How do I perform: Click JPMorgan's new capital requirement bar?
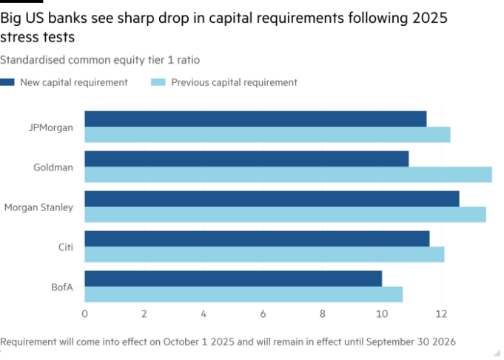pos(255,119)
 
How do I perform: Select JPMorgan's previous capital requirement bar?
pos(267,135)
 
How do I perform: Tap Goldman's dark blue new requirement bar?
pos(246,159)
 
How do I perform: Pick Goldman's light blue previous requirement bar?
pos(288,175)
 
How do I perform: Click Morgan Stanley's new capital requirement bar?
pos(272,199)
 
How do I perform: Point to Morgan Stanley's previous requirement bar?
pos(285,215)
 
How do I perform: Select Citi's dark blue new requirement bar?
pos(257,239)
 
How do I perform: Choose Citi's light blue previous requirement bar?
pos(264,255)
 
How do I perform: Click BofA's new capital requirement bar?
pos(233,279)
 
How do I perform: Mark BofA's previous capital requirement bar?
pos(243,295)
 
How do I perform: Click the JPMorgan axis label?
pos(50,127)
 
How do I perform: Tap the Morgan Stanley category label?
pos(38,207)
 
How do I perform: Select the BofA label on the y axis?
pos(62,287)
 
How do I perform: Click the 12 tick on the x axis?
pos(441,313)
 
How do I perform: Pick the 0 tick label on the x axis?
pos(84,313)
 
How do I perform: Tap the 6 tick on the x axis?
pos(263,313)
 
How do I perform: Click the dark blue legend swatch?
pos(7,82)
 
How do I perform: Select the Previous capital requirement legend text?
pos(234,82)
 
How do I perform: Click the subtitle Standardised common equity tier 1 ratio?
pos(100,59)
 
